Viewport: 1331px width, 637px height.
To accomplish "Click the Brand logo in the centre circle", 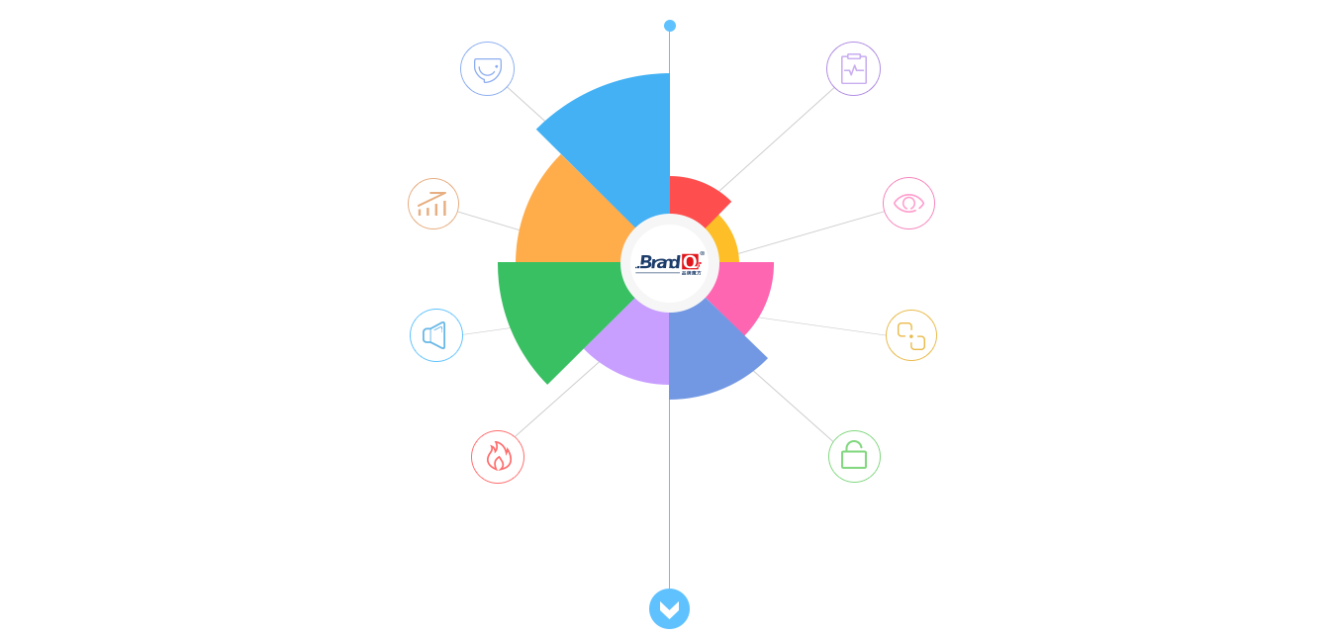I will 670,263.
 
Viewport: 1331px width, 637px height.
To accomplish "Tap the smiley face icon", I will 487,69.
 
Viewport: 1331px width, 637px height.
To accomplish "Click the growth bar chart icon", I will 432,204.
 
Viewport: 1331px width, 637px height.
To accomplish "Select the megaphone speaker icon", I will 435,335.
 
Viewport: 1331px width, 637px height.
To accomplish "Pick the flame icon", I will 498,457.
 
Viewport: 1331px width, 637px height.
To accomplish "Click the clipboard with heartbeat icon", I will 853,69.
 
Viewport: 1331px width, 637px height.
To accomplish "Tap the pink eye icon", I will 908,203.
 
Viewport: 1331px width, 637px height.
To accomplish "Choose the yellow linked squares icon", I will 910,335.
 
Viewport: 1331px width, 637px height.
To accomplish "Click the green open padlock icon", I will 854,456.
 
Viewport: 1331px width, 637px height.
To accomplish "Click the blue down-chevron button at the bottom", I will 669,608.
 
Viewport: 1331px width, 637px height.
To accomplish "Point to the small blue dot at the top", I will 670,26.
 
